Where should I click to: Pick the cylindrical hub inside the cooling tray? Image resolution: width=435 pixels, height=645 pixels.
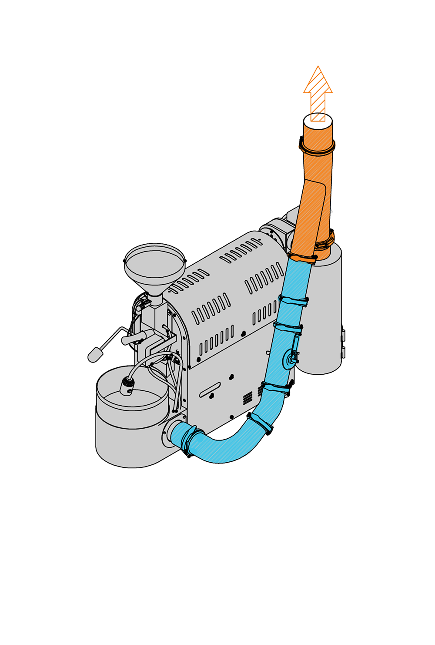tap(127, 386)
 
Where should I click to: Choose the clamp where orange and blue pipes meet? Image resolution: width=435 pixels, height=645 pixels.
tap(301, 259)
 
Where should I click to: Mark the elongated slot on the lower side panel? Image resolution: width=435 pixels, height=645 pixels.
tap(210, 390)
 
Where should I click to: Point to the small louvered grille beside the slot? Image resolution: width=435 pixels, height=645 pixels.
tap(247, 397)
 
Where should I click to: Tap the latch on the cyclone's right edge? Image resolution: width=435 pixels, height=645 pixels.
tap(343, 344)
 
